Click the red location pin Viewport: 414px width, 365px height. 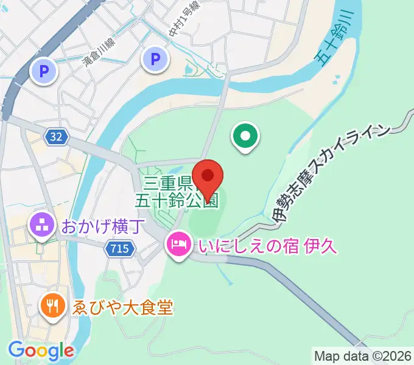[x=208, y=177]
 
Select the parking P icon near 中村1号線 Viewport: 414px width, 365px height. [x=155, y=59]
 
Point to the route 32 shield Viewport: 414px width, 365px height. [x=56, y=137]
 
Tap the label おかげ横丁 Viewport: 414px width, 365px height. [x=103, y=227]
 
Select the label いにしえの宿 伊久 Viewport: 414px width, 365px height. [x=264, y=247]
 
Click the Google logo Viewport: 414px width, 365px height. [x=40, y=351]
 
